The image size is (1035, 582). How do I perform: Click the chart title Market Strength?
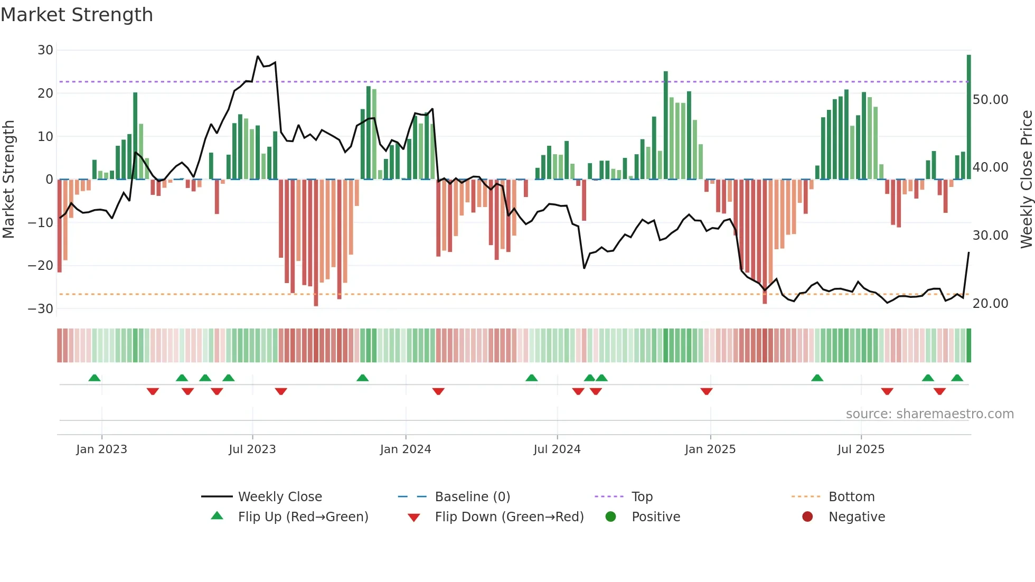pyautogui.click(x=77, y=15)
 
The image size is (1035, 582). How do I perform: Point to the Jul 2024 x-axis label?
pyautogui.click(x=557, y=449)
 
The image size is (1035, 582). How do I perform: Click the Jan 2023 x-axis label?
pyautogui.click(x=101, y=449)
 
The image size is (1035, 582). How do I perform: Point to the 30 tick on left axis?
pyautogui.click(x=45, y=50)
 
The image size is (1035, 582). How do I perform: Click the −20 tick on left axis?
pyautogui.click(x=41, y=265)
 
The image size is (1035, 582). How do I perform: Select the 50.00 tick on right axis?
pyautogui.click(x=990, y=99)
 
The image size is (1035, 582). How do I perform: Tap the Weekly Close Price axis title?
pyautogui.click(x=1026, y=180)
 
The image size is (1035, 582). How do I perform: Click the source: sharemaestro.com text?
pyautogui.click(x=929, y=414)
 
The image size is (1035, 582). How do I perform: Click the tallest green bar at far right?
pyautogui.click(x=968, y=116)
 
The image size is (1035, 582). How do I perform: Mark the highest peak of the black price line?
pyautogui.click(x=258, y=56)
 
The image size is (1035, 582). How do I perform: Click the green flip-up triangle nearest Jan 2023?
pyautogui.click(x=95, y=378)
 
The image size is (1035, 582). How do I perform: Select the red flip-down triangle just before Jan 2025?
pyautogui.click(x=707, y=391)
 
